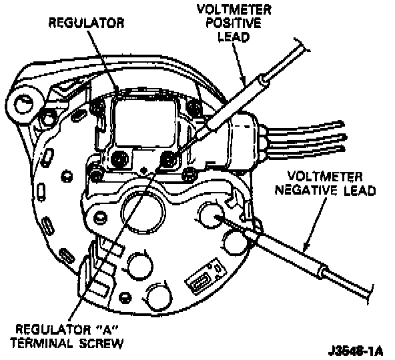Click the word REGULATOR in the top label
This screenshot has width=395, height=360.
[86, 23]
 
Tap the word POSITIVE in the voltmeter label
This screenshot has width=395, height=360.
[234, 23]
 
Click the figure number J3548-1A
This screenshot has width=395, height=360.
[356, 351]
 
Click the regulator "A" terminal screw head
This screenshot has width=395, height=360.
[169, 159]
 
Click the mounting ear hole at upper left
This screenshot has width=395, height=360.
[24, 105]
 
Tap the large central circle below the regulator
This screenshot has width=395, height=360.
[143, 211]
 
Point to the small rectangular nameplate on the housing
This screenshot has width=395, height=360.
[206, 277]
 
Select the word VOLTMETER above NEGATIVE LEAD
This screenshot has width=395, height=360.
[325, 177]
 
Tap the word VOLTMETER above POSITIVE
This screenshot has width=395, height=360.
[234, 9]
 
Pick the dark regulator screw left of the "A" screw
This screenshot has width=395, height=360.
[120, 159]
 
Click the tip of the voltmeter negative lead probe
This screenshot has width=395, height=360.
[215, 216]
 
